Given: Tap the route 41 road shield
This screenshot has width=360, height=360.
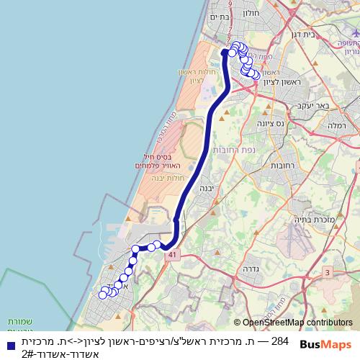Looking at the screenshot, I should coord(171,255).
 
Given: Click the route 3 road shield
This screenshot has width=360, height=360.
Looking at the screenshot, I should coord(327,272).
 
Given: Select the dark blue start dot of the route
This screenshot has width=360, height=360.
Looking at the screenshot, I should coord(225,52).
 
